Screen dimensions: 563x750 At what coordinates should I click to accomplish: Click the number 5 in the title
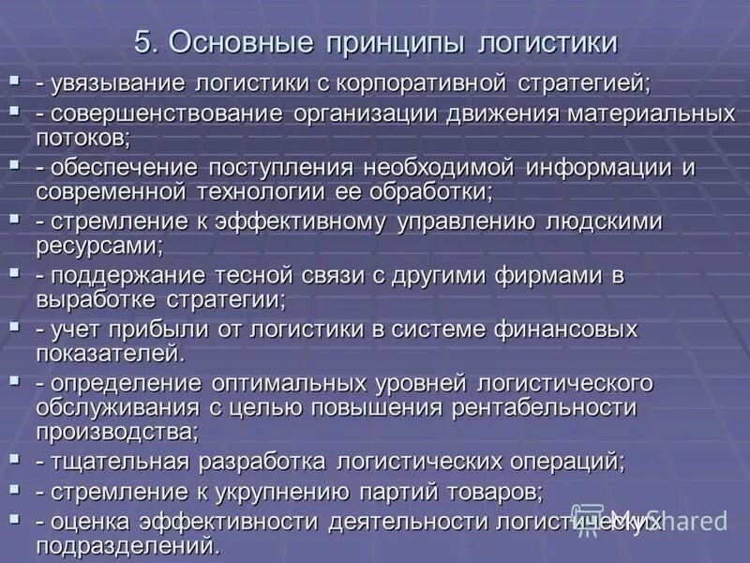(143, 42)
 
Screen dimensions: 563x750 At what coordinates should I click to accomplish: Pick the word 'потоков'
(81, 136)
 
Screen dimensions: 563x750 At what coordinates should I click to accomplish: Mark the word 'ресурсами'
(97, 245)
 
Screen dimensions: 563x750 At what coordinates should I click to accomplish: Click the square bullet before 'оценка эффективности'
(14, 517)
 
